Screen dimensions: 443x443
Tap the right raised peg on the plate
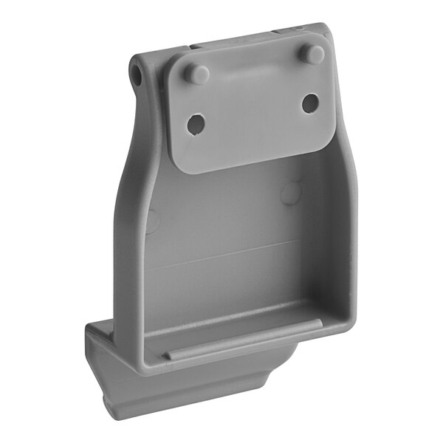(313, 53)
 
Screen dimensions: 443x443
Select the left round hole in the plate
(196, 125)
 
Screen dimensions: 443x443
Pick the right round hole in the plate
(310, 103)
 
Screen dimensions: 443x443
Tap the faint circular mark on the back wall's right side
(292, 193)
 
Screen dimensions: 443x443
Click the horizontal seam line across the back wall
(221, 255)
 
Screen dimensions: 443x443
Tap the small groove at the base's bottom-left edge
(111, 402)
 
